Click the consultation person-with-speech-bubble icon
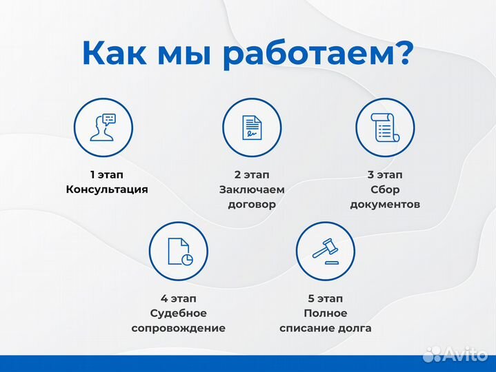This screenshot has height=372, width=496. tap(103, 127)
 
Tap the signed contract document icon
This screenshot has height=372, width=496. tap(252, 127)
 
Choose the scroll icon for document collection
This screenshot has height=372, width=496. tap(384, 127)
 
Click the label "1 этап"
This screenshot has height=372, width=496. tap(107, 174)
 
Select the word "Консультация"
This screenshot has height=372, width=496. tap(107, 189)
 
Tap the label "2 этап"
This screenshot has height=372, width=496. tap(252, 174)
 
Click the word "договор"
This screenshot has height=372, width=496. tap(252, 205)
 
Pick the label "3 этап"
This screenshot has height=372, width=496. tap(384, 174)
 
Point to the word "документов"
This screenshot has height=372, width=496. tap(384, 205)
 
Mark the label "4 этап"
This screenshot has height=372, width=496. tap(179, 298)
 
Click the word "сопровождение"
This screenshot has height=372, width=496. tap(179, 329)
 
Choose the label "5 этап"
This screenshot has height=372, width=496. tap(325, 298)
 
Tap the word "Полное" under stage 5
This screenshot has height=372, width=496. tap(325, 313)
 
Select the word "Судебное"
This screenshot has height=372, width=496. tap(179, 313)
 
